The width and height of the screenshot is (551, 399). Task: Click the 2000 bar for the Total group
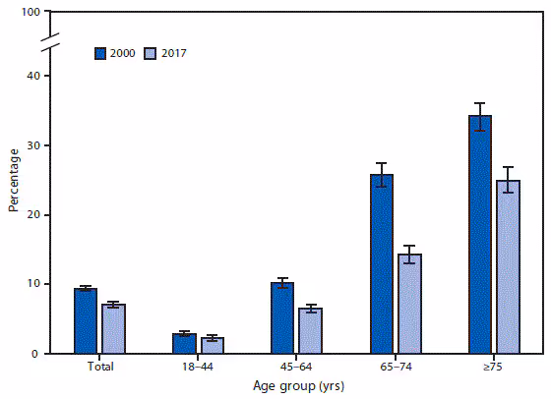pos(86,321)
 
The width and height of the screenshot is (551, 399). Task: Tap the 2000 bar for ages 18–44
pos(184,344)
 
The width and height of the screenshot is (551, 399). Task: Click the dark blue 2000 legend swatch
pos(99,52)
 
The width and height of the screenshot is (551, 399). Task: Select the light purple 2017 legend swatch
pos(150,52)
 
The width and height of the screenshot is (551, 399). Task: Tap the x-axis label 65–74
pos(395,367)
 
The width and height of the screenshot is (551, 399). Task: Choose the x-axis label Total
pos(99,367)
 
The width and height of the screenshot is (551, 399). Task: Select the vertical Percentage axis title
pos(13,181)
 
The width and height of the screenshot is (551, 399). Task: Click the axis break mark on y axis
pos(52,45)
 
